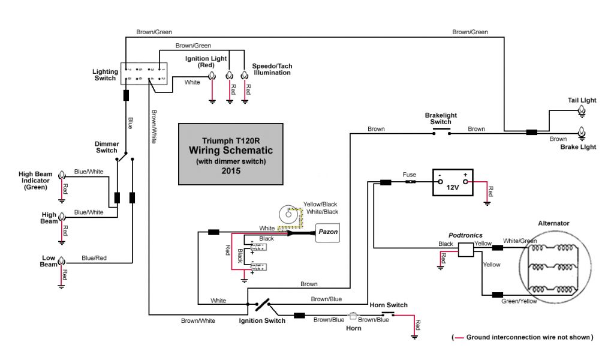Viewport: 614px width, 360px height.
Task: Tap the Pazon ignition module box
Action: (x=327, y=232)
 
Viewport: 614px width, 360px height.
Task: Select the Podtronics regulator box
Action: (x=466, y=249)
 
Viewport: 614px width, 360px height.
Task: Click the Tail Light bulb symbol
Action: (x=581, y=111)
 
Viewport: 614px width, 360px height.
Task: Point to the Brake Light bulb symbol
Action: (x=581, y=132)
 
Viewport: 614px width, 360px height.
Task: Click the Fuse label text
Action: (x=410, y=175)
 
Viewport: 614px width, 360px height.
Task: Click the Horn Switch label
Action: (x=389, y=305)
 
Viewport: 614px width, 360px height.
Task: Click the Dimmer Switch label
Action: (x=107, y=147)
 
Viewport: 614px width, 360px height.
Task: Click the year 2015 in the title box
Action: (x=230, y=170)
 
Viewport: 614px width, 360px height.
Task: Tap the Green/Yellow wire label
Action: (x=519, y=301)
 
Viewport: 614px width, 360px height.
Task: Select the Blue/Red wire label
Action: (x=94, y=258)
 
